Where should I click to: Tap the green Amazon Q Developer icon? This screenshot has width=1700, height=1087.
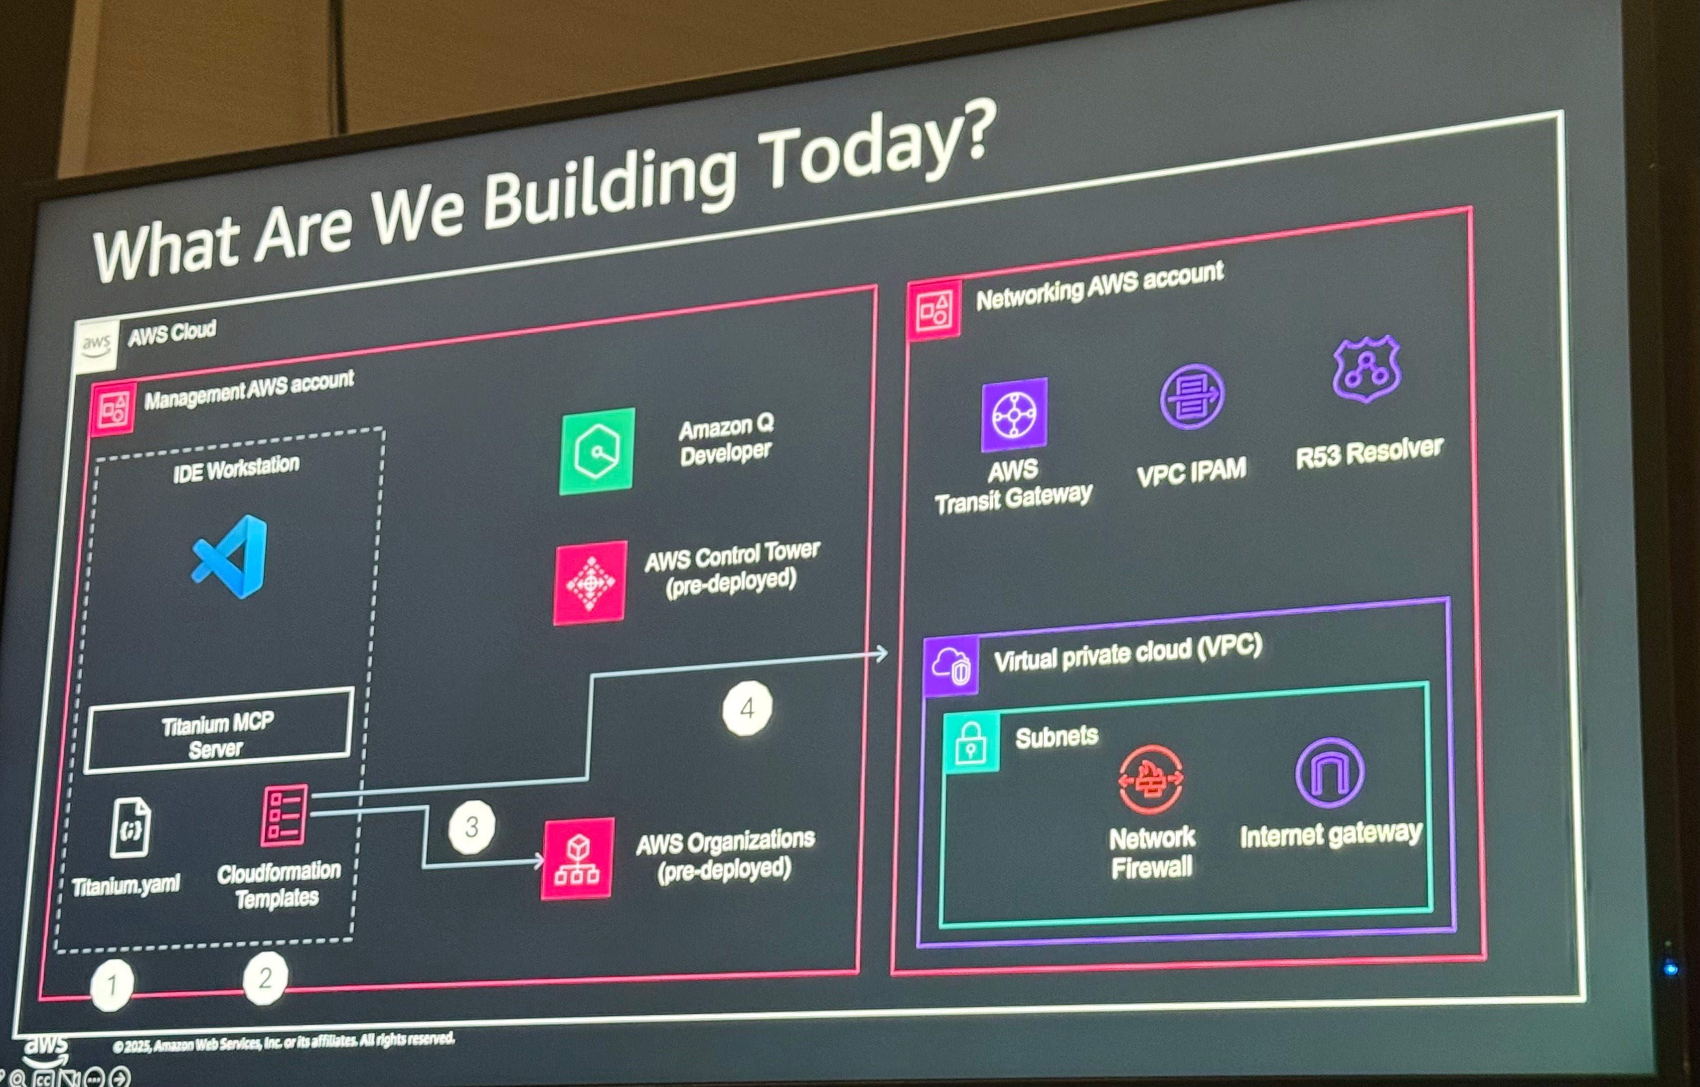[x=597, y=451]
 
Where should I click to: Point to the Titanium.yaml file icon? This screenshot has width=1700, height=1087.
[x=131, y=827]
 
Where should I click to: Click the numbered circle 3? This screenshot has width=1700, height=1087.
[x=471, y=826]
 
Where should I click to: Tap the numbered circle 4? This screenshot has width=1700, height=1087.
[x=747, y=708]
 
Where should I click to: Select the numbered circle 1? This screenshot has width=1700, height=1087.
[x=112, y=985]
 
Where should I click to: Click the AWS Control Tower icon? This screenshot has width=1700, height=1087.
[x=590, y=583]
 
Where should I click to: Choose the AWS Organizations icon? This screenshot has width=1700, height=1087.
[x=578, y=858]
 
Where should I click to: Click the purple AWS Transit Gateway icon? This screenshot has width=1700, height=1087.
[x=1015, y=415]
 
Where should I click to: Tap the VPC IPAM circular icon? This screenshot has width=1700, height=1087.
[x=1193, y=397]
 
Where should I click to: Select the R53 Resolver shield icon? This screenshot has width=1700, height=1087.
[x=1367, y=369]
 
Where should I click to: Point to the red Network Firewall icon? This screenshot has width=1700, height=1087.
[x=1151, y=781]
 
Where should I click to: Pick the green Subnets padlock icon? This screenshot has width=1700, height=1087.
[x=971, y=743]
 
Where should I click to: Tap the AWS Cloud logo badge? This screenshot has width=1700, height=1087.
[x=96, y=346]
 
